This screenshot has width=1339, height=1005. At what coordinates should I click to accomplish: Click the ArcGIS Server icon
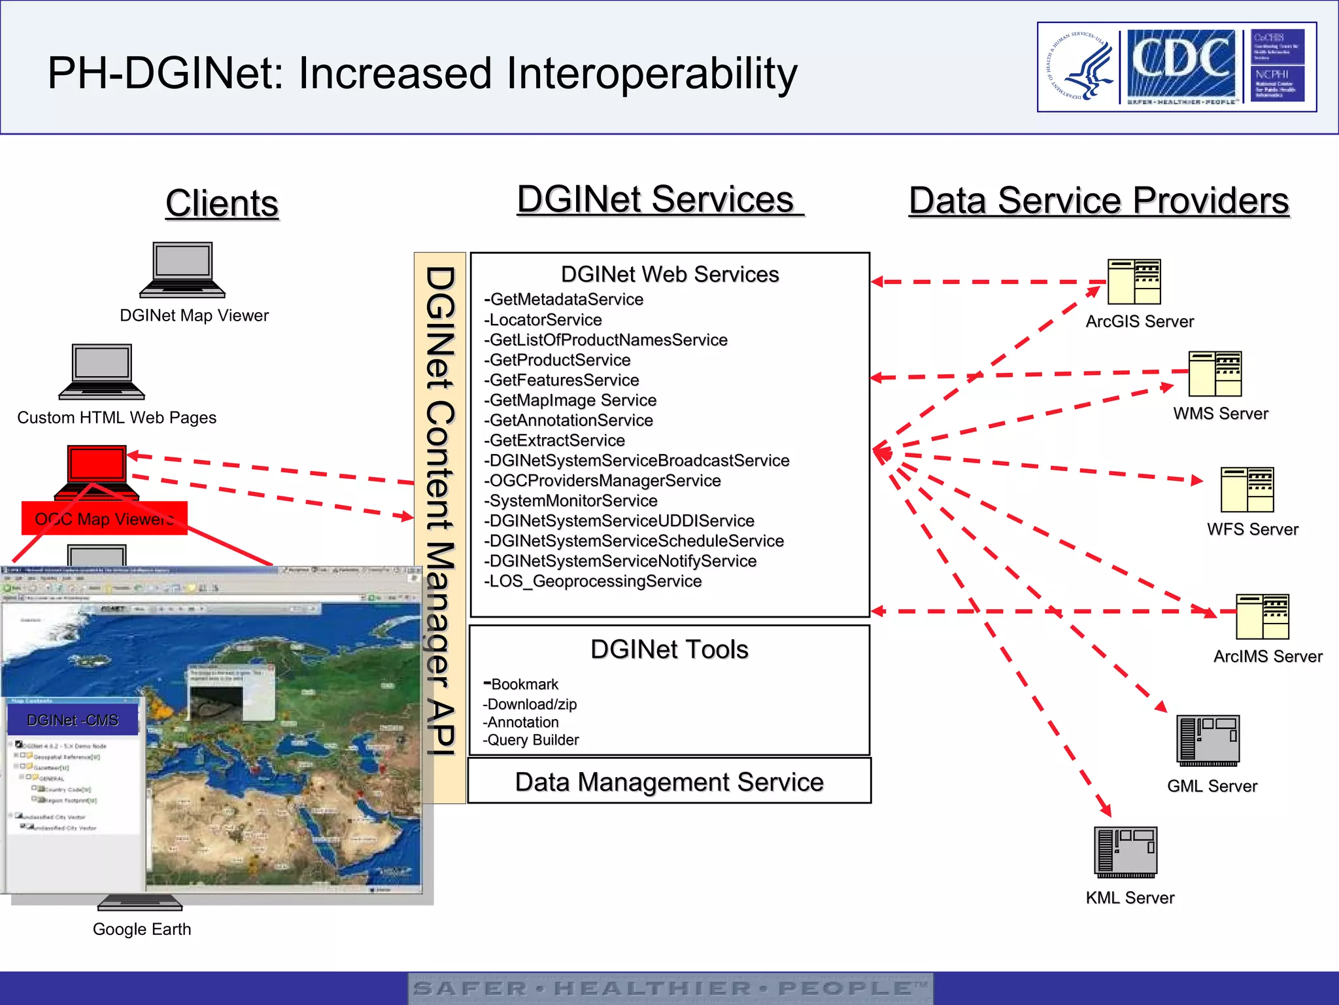[1134, 282]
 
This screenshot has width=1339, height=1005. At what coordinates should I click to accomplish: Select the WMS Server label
[1220, 414]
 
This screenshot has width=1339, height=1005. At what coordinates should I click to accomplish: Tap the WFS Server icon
[1247, 490]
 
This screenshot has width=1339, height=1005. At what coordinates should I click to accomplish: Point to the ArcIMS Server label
[1267, 656]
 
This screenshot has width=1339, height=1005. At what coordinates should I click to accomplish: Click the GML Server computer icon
[1208, 740]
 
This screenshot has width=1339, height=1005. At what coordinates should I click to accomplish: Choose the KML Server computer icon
[1125, 852]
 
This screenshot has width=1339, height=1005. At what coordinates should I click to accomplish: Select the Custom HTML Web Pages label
[116, 417]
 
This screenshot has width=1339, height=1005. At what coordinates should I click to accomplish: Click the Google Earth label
[142, 929]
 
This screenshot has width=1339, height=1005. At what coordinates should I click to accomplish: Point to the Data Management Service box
[669, 781]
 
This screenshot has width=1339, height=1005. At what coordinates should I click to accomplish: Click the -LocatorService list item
[543, 320]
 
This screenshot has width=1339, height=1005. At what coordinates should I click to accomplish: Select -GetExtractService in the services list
[554, 440]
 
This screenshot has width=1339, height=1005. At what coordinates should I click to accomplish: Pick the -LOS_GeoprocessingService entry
[592, 581]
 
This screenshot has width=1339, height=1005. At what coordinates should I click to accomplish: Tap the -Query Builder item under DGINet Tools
[531, 740]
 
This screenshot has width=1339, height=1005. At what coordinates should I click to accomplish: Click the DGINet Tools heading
[669, 650]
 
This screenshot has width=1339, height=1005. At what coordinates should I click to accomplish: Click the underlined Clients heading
[222, 203]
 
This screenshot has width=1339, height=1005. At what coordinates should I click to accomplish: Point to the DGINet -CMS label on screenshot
[73, 720]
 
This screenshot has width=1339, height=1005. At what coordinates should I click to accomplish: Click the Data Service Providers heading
[1098, 200]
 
